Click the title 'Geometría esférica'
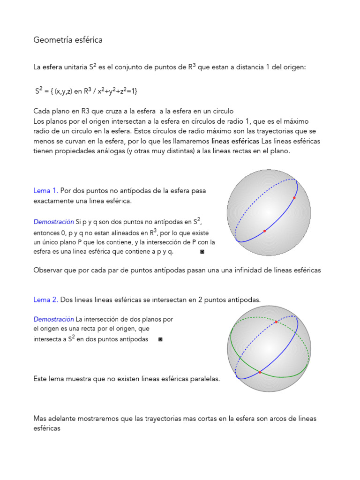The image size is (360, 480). [x=68, y=40]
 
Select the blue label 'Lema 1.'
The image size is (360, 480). [x=45, y=191]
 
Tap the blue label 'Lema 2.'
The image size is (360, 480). [x=45, y=300]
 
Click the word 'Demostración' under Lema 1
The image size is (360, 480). [x=53, y=221]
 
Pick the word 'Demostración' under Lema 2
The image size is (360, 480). [x=53, y=319]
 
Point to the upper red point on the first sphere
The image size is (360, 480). [x=294, y=198]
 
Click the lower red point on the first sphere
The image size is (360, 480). [x=265, y=231]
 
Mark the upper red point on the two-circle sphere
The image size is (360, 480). [x=276, y=322]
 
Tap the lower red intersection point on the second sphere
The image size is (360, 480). [x=260, y=372]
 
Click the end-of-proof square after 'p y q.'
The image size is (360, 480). [x=202, y=252]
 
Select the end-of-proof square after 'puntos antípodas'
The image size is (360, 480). [x=160, y=339]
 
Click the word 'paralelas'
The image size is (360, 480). [x=203, y=379]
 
